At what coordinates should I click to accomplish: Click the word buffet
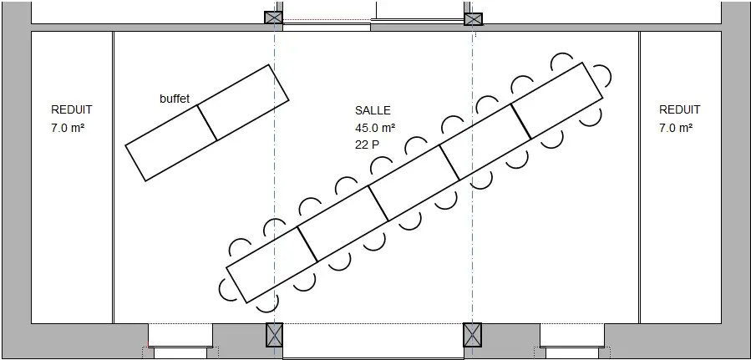175,99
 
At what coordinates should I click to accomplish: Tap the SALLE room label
373,110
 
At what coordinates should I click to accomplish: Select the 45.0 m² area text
375,128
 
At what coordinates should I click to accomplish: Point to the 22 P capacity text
367,145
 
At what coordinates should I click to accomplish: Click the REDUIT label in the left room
71,109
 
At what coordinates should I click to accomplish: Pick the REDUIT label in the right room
680,109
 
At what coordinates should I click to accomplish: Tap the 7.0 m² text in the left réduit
68,128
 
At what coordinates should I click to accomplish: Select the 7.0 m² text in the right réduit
676,128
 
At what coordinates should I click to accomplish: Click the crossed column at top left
273,18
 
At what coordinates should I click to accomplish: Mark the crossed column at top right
473,19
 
